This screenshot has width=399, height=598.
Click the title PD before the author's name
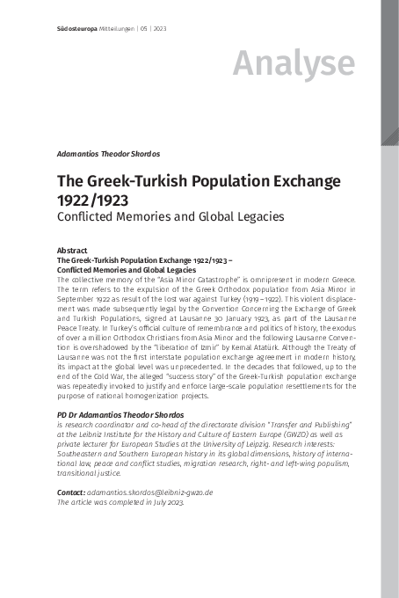pyautogui.click(x=62, y=413)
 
